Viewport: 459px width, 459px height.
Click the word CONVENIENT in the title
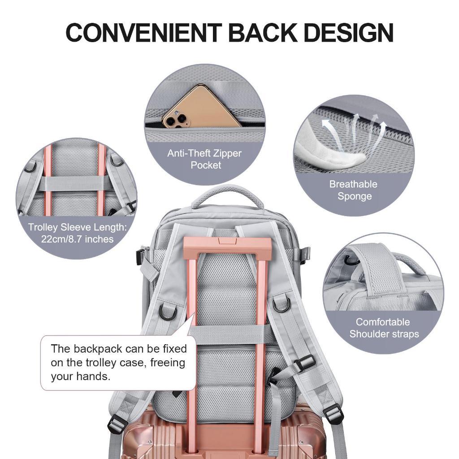144,32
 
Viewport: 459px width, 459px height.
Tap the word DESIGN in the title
349,32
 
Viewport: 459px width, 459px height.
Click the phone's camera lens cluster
175,119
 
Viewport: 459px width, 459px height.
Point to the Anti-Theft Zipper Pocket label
204,159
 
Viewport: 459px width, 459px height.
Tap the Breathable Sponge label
354,190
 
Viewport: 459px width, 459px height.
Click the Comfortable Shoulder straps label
384,328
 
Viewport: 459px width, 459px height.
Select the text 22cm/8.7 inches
77,239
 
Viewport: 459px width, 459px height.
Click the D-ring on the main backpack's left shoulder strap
167,312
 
